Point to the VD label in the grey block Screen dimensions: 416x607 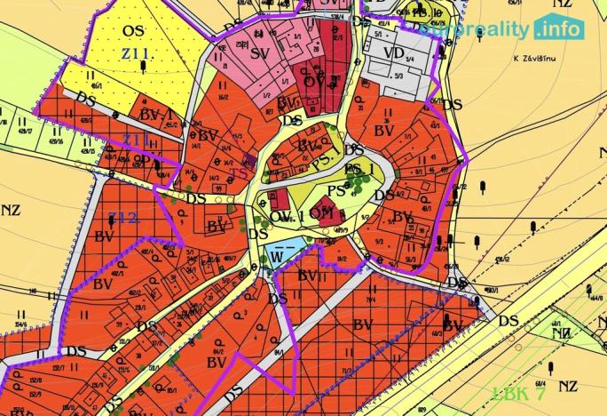click(x=394, y=53)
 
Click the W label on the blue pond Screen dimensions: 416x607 click(x=277, y=256)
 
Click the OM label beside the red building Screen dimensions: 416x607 click(x=321, y=212)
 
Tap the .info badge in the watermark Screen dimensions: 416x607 click(x=559, y=28)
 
